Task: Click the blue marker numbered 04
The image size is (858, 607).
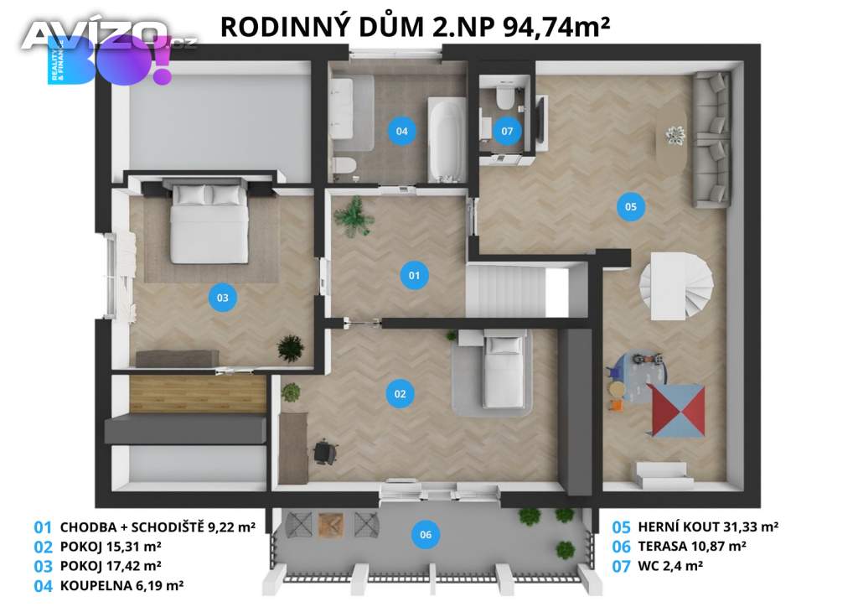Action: pos(401,131)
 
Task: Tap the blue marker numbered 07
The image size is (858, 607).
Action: pos(507,131)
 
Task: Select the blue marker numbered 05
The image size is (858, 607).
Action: pos(630,207)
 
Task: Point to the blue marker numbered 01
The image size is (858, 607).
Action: pos(414,275)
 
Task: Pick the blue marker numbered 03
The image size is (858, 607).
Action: pos(223,298)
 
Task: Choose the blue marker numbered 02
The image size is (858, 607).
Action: pos(400,393)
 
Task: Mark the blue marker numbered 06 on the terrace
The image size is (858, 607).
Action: pos(426,535)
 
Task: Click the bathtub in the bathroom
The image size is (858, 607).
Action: pos(447,140)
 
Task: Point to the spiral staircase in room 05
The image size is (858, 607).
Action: pos(677,286)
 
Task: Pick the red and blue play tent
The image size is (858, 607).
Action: pos(676,411)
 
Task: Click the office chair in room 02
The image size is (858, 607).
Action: pos(326,452)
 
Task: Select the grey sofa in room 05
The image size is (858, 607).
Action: pos(711,139)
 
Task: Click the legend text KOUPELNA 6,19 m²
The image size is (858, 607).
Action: pos(121,586)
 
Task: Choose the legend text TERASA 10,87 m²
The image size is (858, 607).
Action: pos(692,547)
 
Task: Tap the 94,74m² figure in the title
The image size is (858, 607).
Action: pos(556,26)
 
